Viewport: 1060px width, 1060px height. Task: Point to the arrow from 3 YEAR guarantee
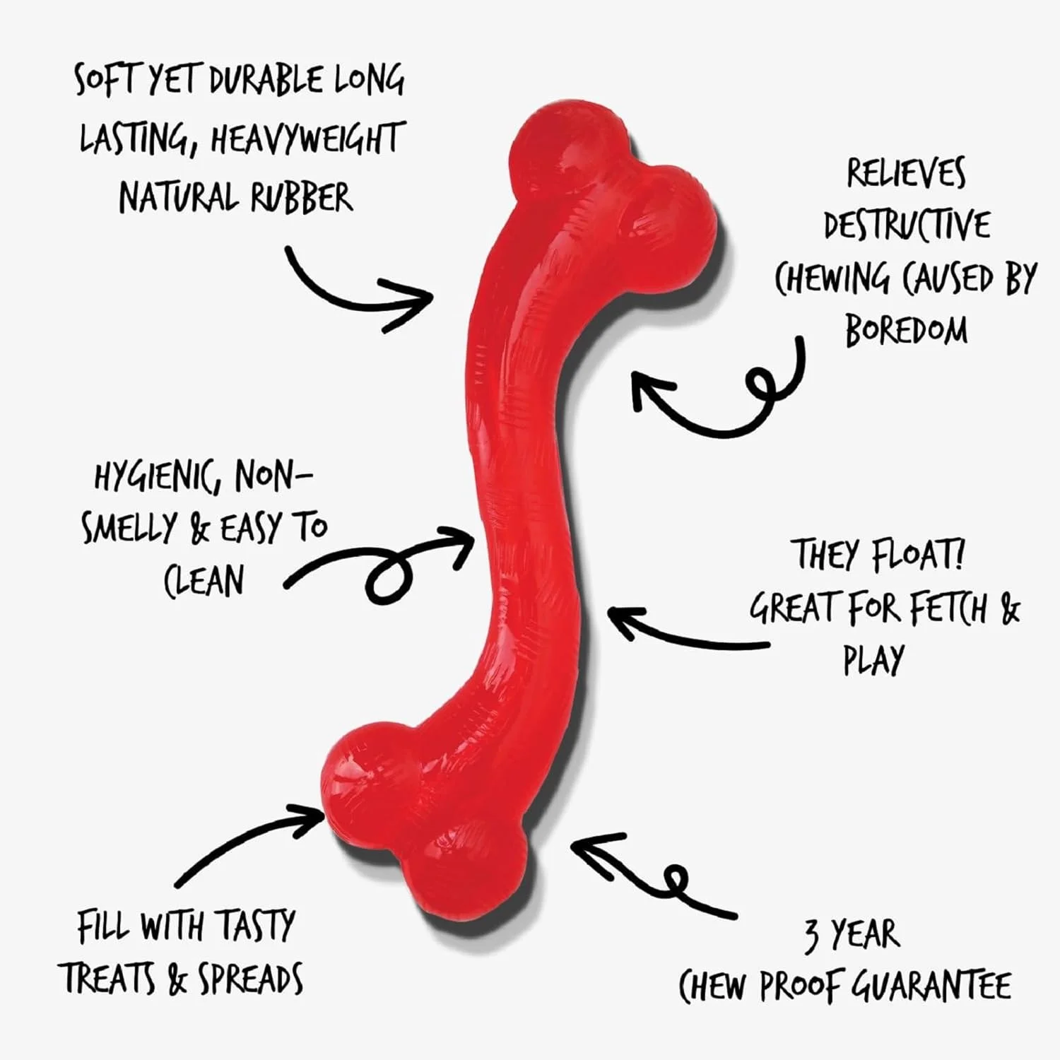pyautogui.click(x=650, y=873)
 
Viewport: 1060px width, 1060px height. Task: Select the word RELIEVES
pyautogui.click(x=907, y=174)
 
